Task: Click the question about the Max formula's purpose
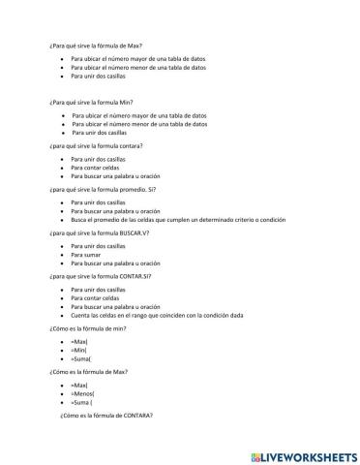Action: (94, 45)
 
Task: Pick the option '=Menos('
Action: (81, 393)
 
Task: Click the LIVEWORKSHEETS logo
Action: (301, 454)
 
